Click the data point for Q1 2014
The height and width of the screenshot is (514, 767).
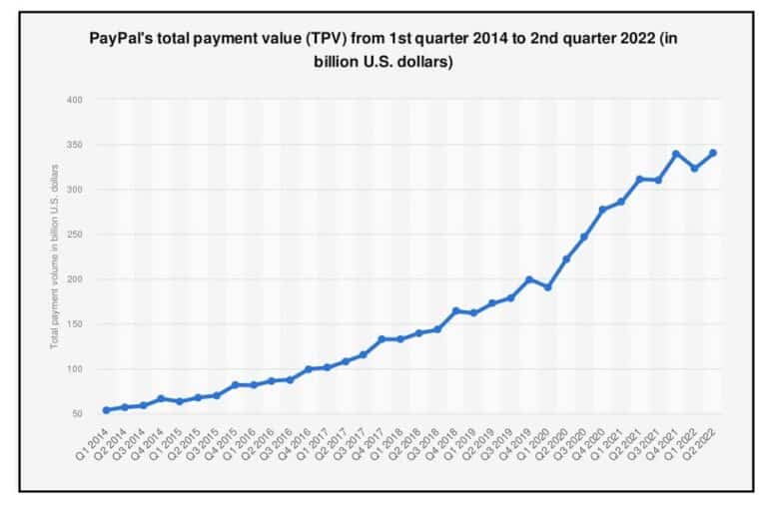(107, 410)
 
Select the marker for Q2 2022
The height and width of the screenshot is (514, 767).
(712, 153)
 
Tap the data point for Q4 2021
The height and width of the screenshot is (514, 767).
(676, 154)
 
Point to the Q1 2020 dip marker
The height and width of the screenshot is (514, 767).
(547, 287)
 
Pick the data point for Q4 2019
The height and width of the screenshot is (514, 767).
(529, 279)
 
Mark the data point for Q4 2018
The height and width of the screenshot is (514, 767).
(455, 310)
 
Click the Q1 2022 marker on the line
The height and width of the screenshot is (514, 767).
(694, 169)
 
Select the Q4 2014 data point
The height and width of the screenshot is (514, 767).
(162, 398)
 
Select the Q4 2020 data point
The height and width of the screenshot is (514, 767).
(602, 210)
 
